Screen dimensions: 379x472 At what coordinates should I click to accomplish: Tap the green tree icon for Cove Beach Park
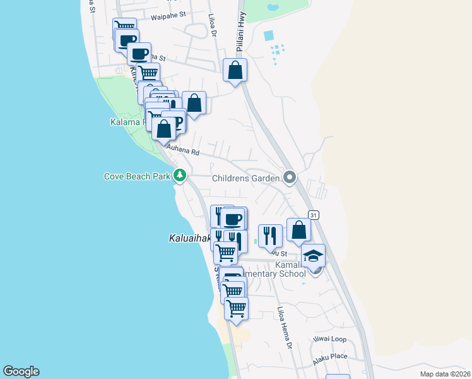[x=180, y=175]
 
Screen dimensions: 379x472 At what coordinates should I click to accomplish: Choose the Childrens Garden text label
[x=245, y=179]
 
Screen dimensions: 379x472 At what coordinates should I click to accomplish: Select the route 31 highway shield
[x=314, y=215]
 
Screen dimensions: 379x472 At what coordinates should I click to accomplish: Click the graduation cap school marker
[x=313, y=256]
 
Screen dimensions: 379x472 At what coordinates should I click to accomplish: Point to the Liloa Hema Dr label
[x=284, y=328]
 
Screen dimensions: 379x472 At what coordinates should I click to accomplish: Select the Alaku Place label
[x=331, y=358]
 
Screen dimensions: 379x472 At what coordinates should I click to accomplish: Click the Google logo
[x=21, y=371]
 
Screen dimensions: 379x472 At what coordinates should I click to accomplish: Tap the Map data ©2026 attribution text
[x=445, y=374]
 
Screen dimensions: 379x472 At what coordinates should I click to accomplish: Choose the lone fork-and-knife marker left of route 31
[x=270, y=236]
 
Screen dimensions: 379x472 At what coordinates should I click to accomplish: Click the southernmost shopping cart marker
[x=236, y=309]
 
